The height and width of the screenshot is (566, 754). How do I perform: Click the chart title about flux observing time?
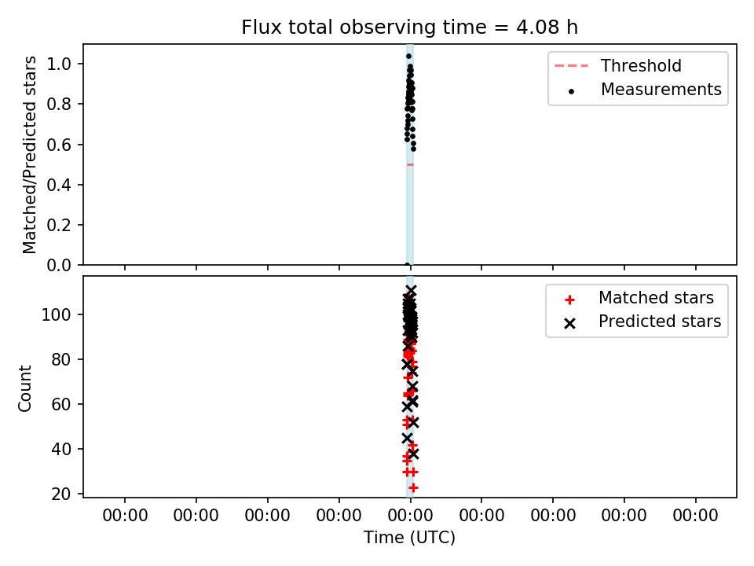(409, 28)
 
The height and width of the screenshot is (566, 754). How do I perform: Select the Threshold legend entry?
(618, 65)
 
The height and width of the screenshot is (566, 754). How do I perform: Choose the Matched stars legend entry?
(639, 298)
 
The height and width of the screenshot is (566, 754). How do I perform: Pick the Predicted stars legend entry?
(642, 322)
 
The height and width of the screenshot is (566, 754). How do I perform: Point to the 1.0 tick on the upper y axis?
(59, 64)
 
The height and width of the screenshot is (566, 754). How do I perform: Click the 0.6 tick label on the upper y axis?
(59, 145)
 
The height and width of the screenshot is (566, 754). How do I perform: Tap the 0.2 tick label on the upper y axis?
(59, 226)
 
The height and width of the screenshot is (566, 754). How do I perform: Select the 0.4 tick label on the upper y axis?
(59, 185)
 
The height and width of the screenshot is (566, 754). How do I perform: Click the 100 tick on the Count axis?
(57, 314)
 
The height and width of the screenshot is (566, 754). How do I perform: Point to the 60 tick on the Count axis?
(61, 404)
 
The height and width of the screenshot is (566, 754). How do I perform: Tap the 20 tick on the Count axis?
(61, 494)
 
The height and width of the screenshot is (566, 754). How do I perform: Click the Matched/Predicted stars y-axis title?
(29, 155)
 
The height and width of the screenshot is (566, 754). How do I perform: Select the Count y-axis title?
(24, 388)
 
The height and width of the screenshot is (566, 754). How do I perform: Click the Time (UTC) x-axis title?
(409, 537)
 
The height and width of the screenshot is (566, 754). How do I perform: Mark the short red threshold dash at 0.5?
(410, 164)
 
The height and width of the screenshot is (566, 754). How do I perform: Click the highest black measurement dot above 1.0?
(408, 57)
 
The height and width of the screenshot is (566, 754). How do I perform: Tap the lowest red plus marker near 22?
(413, 487)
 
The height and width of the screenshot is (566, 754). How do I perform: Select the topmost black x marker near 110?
(411, 291)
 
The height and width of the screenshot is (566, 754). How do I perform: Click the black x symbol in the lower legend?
(570, 323)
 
